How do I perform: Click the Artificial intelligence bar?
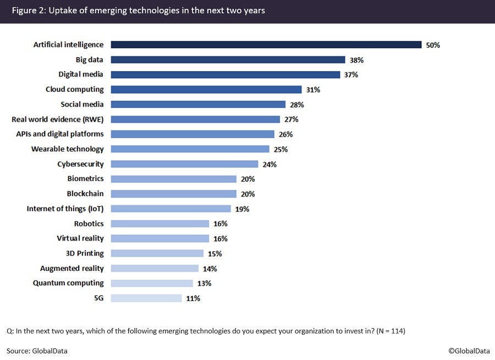266,45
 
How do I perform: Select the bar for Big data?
228,59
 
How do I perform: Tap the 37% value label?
351,75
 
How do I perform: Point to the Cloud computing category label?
74,89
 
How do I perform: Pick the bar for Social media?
198,104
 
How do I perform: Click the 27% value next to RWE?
291,119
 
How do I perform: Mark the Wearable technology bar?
190,149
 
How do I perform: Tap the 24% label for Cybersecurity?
269,164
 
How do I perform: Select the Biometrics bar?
173,179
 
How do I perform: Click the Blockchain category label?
85,194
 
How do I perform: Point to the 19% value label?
243,209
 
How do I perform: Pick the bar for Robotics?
160,223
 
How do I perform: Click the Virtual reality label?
80,238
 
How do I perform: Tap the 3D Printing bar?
157,253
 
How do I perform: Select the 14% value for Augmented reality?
210,269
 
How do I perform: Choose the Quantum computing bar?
152,283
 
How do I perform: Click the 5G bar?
146,298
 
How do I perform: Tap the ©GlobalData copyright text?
468,351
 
